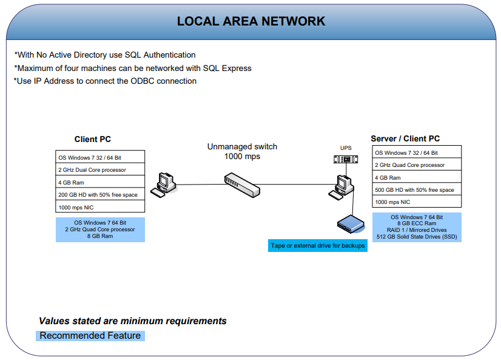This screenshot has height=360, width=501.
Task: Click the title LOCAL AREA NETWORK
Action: [250, 21]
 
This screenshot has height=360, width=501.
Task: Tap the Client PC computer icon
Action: [164, 184]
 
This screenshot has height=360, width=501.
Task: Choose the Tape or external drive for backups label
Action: [318, 246]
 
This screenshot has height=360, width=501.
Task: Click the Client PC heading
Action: [92, 139]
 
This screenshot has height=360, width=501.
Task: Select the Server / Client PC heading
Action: [405, 138]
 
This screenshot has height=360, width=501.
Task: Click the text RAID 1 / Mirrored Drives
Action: [417, 230]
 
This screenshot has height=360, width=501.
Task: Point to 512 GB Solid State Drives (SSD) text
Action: [417, 237]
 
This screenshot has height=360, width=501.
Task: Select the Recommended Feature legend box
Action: [90, 336]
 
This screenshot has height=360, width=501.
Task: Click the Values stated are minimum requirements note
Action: [132, 321]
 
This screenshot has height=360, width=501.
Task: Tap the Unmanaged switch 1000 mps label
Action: [242, 151]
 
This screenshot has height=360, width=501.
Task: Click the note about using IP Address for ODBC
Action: [105, 81]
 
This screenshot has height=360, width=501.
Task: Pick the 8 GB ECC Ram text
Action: [417, 223]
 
